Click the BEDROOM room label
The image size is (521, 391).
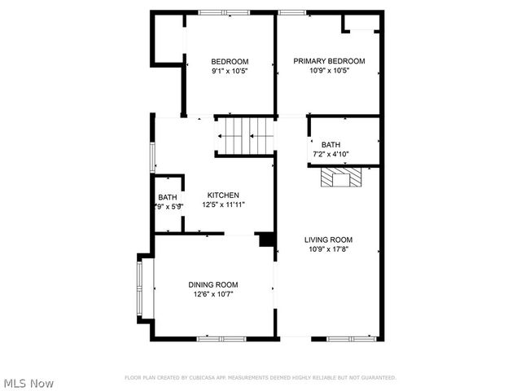click(230, 61)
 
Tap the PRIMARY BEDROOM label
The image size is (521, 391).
click(329, 61)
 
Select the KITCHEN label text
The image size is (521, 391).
click(223, 195)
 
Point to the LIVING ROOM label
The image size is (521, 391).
click(329, 239)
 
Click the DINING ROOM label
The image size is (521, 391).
click(213, 284)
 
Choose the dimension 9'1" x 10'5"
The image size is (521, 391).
click(230, 71)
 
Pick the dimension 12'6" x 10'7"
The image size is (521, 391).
click(213, 294)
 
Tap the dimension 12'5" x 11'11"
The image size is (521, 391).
click(223, 204)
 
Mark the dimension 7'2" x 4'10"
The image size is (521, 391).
click(331, 154)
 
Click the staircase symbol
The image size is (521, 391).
click(245, 134)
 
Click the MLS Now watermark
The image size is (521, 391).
click(28, 383)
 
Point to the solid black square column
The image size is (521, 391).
click(265, 239)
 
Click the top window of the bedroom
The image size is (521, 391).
click(225, 11)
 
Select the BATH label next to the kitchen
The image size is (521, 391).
click(168, 197)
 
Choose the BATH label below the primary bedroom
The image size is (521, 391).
click(331, 144)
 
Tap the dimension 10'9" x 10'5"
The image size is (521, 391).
click(329, 71)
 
